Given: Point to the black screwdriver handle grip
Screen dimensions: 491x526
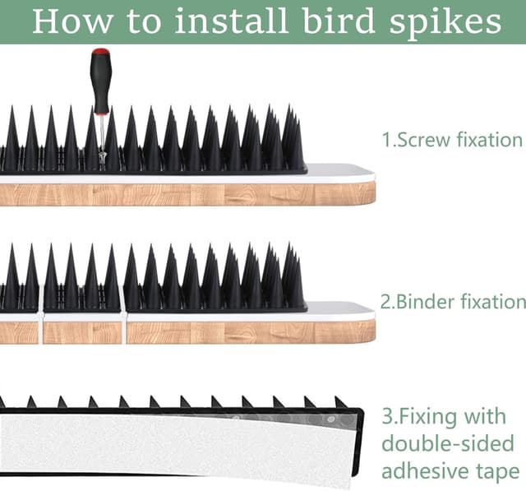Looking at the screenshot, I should (x=100, y=86).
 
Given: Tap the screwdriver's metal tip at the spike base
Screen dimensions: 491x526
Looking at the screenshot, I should (x=102, y=156).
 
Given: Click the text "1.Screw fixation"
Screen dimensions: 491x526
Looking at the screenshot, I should (x=452, y=140).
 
